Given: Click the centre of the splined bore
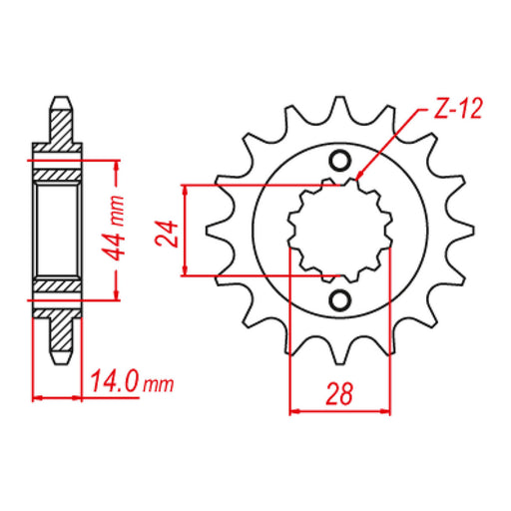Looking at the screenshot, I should pos(338,231).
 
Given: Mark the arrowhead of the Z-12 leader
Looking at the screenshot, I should pos(356,180).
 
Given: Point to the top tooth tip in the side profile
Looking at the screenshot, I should pos(59,100).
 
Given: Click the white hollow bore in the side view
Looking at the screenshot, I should pos(58,231).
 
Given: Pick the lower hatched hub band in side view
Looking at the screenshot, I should pos(58,285).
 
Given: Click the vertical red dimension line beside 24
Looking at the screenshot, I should pos(187,231).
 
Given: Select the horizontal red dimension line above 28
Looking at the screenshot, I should pos(338,409).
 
